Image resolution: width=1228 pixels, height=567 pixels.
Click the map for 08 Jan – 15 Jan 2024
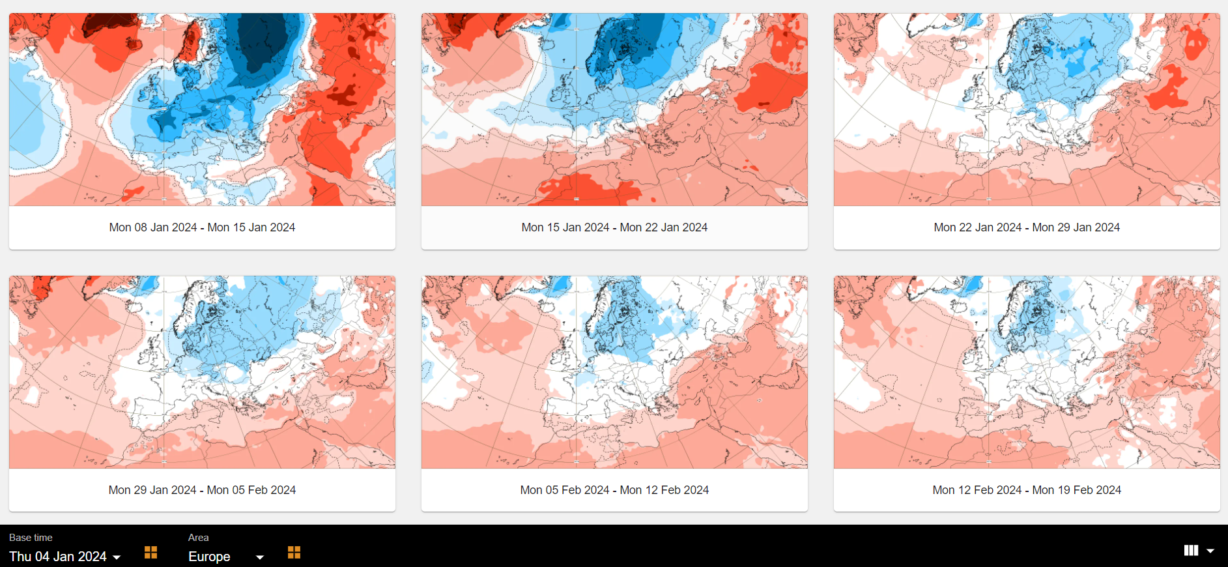point(202,109)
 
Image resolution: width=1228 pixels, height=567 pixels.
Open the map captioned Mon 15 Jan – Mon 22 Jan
point(614,109)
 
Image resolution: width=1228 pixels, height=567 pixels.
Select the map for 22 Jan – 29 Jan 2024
point(1027,109)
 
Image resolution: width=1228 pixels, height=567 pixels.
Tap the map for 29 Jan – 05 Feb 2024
point(202,372)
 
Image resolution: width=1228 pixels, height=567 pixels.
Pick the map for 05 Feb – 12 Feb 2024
point(614,372)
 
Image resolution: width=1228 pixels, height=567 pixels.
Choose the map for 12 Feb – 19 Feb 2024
point(1027,372)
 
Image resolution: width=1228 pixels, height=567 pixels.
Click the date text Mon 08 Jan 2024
point(153,227)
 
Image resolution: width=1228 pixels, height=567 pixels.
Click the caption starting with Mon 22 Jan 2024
point(1027,227)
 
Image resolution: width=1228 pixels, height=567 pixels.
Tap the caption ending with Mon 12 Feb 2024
point(614,490)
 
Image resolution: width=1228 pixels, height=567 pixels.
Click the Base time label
point(31,538)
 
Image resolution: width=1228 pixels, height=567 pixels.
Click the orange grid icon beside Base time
point(150,553)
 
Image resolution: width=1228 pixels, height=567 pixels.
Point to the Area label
point(198,538)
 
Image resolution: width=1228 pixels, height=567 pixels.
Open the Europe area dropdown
point(225,557)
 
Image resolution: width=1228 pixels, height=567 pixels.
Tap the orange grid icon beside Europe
point(294,553)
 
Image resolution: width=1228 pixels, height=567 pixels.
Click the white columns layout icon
point(1191,551)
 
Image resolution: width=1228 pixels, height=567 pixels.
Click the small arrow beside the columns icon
point(1210,551)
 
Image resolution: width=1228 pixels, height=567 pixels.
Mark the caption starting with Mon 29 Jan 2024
point(202,490)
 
